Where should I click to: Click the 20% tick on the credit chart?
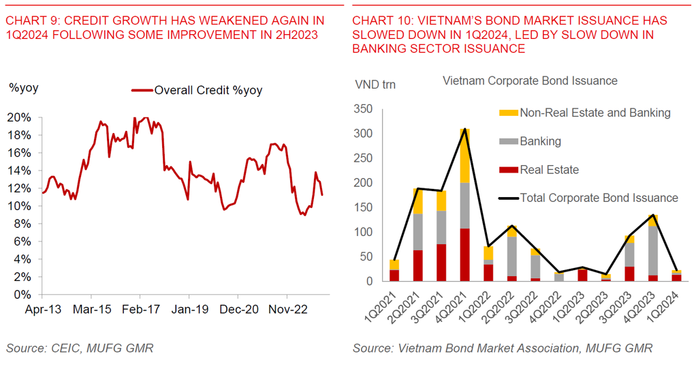click(x=20, y=117)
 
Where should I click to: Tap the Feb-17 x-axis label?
click(x=140, y=309)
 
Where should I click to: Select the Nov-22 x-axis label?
click(x=287, y=309)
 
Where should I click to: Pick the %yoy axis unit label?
click(x=23, y=87)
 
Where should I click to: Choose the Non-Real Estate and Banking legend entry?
click(x=595, y=113)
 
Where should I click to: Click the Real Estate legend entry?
click(x=549, y=169)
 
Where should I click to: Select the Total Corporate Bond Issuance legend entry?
click(x=599, y=198)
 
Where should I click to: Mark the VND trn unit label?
click(x=375, y=85)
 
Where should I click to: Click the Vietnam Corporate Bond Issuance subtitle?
click(x=530, y=80)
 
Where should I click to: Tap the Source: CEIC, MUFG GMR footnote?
click(x=80, y=349)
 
